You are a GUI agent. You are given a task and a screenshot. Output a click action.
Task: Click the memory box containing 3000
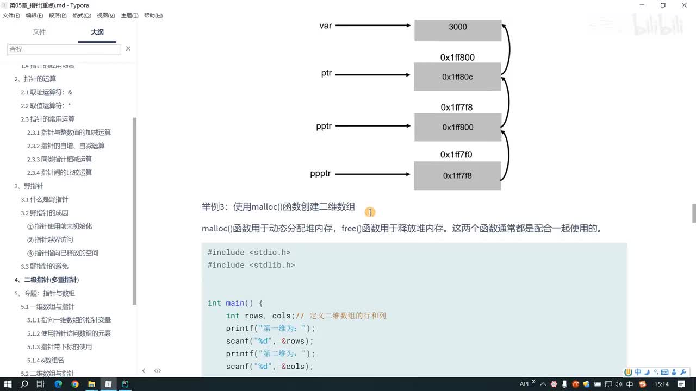[x=457, y=29]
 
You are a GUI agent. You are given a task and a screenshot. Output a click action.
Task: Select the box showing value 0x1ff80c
[x=457, y=77]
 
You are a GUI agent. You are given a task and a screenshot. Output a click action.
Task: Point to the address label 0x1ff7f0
[x=456, y=155]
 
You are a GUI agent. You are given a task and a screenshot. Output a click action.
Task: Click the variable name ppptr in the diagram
[x=320, y=174]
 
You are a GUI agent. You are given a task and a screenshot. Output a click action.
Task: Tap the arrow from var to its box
[x=373, y=25]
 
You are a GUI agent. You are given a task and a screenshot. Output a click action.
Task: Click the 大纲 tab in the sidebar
[x=97, y=32]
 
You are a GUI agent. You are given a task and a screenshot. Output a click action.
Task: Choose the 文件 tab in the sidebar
[x=39, y=32]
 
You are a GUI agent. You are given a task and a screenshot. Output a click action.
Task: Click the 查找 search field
[x=64, y=49]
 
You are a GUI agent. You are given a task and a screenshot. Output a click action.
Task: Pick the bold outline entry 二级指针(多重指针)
[x=51, y=280]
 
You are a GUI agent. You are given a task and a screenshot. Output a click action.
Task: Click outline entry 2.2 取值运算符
[x=46, y=105]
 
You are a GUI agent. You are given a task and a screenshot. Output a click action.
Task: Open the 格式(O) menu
[x=82, y=15]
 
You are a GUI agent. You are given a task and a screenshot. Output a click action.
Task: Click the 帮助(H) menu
[x=153, y=15]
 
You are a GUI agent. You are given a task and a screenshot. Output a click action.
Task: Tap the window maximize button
[x=663, y=5]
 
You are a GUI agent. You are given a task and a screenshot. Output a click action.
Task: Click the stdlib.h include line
[x=251, y=265]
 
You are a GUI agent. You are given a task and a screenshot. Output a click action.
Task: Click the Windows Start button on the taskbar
[x=8, y=384]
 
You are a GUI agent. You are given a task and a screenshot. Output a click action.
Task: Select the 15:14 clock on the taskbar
[x=662, y=384]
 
